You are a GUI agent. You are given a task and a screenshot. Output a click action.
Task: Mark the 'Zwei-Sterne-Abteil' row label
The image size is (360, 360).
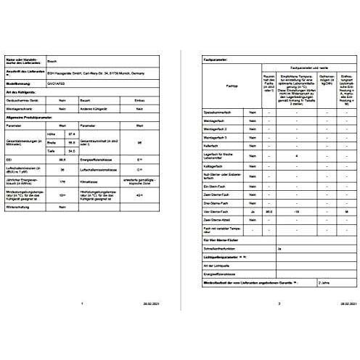tap(221, 219)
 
